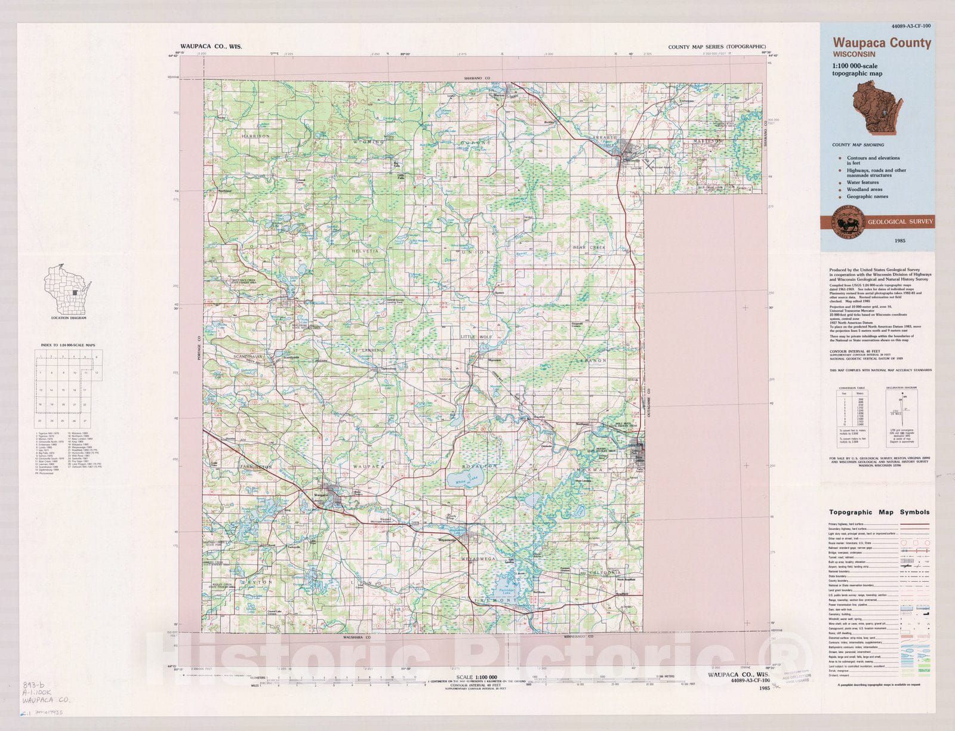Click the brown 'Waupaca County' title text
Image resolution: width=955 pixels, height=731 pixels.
(882, 43)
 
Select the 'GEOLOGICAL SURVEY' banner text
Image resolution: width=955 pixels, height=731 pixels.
(900, 221)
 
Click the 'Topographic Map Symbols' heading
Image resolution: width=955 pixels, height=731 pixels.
(879, 512)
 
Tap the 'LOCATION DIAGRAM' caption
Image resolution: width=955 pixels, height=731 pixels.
(69, 318)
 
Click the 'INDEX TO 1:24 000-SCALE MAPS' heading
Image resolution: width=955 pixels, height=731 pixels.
(69, 346)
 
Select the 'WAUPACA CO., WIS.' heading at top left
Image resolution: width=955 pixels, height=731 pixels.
(211, 46)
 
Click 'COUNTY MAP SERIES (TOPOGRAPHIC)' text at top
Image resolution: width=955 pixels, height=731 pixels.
(716, 47)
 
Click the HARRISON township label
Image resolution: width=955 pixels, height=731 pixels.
(255, 136)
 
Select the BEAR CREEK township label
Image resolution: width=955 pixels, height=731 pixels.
(589, 247)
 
